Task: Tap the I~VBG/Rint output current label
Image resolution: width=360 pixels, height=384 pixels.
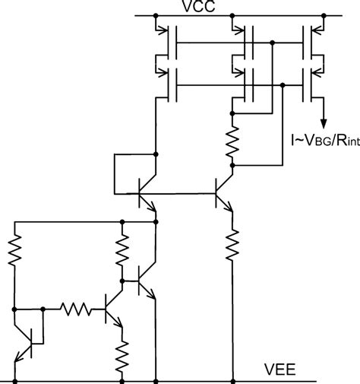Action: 322,138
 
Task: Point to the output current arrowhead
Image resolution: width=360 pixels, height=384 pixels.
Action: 324,122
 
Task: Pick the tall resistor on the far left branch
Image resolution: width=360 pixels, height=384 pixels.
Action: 14,249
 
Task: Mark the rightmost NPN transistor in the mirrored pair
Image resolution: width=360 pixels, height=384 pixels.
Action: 223,190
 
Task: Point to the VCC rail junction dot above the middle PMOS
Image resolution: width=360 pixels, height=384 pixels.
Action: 231,15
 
